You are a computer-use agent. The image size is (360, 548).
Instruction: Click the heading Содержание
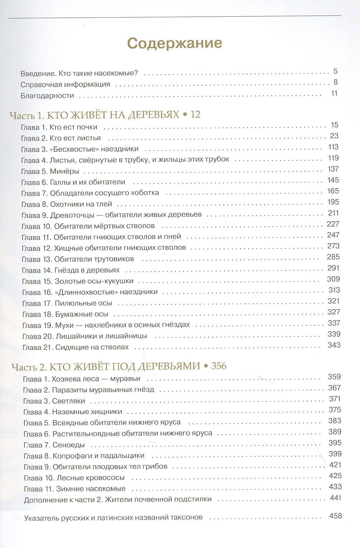[x=174, y=43]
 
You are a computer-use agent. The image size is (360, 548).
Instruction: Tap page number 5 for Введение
[x=335, y=71]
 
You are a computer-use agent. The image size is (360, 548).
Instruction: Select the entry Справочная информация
[x=65, y=85]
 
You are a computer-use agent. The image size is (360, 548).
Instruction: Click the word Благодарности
[x=47, y=96]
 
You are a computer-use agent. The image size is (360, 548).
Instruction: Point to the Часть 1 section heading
[x=105, y=115]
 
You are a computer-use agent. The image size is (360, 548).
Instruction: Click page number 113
[x=333, y=147]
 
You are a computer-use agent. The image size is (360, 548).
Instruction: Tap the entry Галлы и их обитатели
[x=88, y=182]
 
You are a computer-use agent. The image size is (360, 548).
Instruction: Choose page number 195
[x=333, y=202]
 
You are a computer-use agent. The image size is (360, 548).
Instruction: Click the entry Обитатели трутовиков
[x=94, y=259]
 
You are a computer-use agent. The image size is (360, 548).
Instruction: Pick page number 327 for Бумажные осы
[x=333, y=312]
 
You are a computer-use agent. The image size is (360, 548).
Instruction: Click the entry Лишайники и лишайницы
[x=101, y=336]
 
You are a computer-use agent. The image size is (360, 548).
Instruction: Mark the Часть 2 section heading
[x=119, y=366]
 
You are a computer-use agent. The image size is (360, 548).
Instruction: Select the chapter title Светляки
[x=68, y=401]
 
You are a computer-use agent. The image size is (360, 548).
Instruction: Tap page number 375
[x=335, y=410]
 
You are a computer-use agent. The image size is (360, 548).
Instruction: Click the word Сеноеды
[x=68, y=445]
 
